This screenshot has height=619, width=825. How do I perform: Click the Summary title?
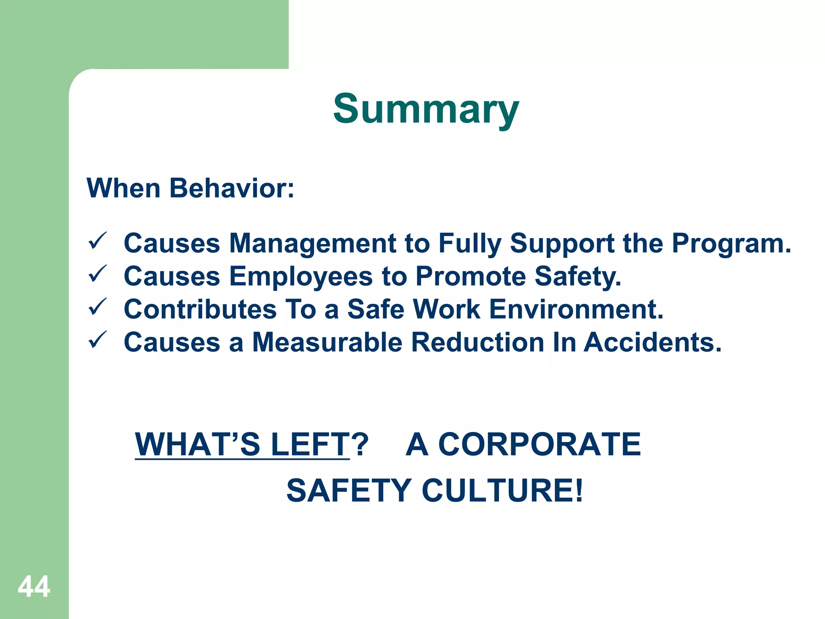coord(426,109)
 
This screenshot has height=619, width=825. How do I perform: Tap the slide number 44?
coord(34,586)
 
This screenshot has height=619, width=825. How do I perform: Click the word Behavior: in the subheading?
coord(232,188)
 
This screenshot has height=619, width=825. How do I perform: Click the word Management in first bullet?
coord(313,243)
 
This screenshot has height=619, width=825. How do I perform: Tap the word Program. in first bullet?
coord(732,243)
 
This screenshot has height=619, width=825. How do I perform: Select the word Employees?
coord(301,276)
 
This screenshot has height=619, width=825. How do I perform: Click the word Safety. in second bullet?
coord(578,276)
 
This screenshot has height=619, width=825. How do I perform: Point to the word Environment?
coord(576,309)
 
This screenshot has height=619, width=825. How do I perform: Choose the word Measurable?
coord(327,343)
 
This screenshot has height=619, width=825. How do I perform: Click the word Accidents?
coord(653,343)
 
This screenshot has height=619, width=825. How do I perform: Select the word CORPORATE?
coord(539,444)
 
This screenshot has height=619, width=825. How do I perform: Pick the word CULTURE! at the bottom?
coord(502,490)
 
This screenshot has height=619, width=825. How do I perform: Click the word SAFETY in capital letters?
coord(349,490)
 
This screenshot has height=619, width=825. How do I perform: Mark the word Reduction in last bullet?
coord(478,343)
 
